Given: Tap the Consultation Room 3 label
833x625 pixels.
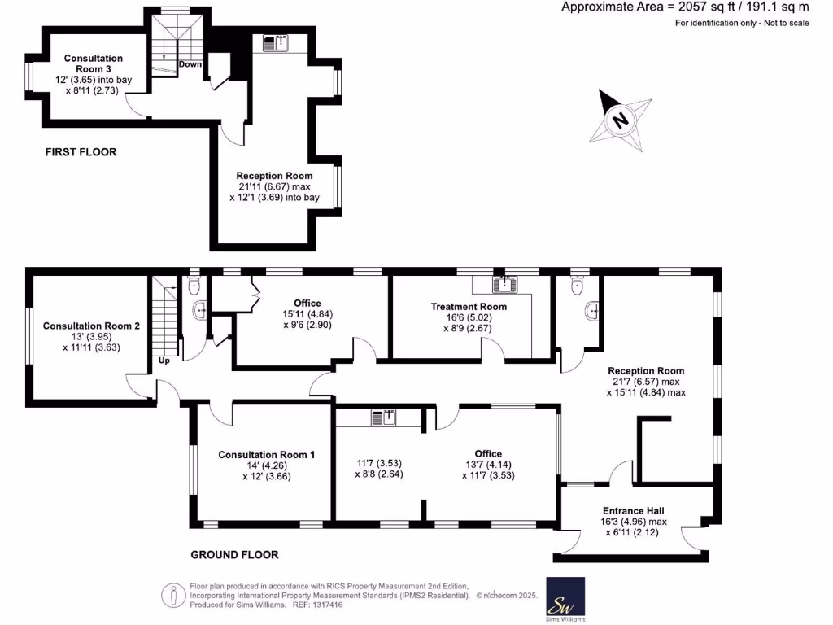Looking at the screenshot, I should coord(94,64).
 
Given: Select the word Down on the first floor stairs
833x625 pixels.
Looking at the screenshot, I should coord(190,63).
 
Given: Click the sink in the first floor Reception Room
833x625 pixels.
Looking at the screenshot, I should coord(274,43).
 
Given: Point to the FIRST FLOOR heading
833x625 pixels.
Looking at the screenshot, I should coord(81,152).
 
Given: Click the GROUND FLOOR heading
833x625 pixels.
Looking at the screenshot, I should coord(234,555).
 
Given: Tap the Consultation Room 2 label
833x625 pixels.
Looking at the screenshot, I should coord(91,326).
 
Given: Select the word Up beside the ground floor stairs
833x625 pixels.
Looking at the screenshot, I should coord(164,361).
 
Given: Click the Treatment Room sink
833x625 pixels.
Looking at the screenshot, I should coord(504,284).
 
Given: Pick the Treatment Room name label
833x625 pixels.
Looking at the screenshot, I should coord(469,307).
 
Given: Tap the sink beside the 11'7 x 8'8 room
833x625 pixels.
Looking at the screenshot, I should coord(383,417).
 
